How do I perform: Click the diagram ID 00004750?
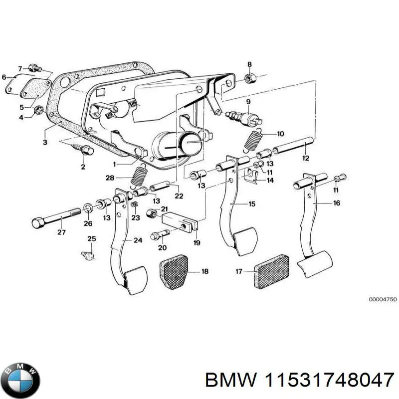382,299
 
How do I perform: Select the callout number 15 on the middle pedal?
252,204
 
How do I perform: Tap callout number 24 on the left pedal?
138,240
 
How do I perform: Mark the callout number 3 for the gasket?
45,142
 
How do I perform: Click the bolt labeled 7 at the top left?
34,68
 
